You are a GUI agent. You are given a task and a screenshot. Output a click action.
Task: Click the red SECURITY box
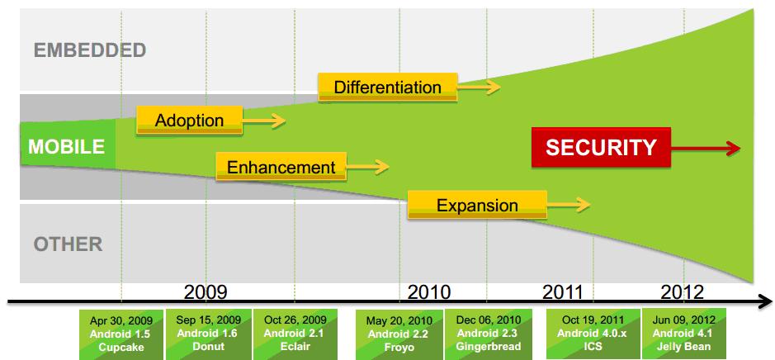pos(601,147)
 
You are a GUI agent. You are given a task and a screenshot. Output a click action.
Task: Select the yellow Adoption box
pos(189,121)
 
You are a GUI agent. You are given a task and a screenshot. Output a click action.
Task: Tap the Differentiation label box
pos(388,87)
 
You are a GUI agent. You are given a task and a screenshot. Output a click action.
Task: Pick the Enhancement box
pos(281,167)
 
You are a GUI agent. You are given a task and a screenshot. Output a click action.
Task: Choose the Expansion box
pos(477,205)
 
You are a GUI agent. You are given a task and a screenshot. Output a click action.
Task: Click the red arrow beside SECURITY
pos(706,147)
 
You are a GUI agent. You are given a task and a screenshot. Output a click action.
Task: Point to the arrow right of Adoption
pos(264,121)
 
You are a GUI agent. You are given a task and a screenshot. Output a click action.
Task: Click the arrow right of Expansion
pos(569,204)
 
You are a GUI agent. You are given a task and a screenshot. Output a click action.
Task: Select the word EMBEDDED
pos(90,50)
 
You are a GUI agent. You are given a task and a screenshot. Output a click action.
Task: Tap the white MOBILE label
pos(67,146)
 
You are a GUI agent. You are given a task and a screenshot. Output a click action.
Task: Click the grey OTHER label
pos(69,244)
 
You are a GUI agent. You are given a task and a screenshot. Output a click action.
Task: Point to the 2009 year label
pos(206,292)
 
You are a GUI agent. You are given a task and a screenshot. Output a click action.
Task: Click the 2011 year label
pos(564,292)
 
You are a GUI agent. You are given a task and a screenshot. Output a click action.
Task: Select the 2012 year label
pos(682,292)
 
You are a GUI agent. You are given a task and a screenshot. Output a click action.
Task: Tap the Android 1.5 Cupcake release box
pos(121,334)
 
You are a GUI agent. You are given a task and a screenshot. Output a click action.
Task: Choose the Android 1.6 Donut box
pos(209,334)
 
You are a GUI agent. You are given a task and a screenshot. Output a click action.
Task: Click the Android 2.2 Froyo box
pos(399,334)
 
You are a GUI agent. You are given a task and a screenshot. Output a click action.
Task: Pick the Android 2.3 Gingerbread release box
pos(489,334)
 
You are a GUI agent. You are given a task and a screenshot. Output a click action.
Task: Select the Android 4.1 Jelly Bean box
pos(683,334)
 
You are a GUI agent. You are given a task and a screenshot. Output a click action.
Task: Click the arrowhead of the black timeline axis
pos(765,301)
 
